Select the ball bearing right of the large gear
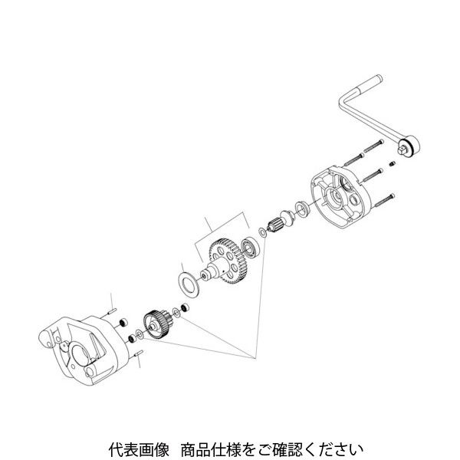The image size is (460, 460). click(x=249, y=246)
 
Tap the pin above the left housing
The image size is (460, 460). click(x=113, y=310)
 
